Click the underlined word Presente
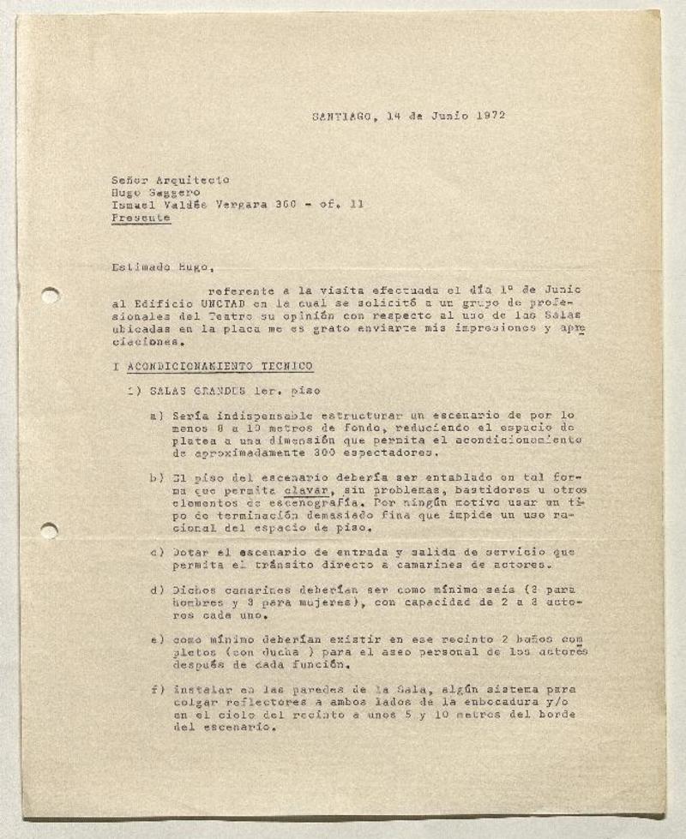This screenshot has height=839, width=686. pos(141,218)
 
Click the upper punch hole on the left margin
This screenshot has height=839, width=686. pos(50,296)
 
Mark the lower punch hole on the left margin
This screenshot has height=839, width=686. pos(49,530)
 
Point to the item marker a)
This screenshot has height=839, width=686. pos(156,416)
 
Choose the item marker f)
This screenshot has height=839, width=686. pos(156,689)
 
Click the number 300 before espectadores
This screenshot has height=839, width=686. pos(325,453)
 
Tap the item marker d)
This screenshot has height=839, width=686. pos(156,591)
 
